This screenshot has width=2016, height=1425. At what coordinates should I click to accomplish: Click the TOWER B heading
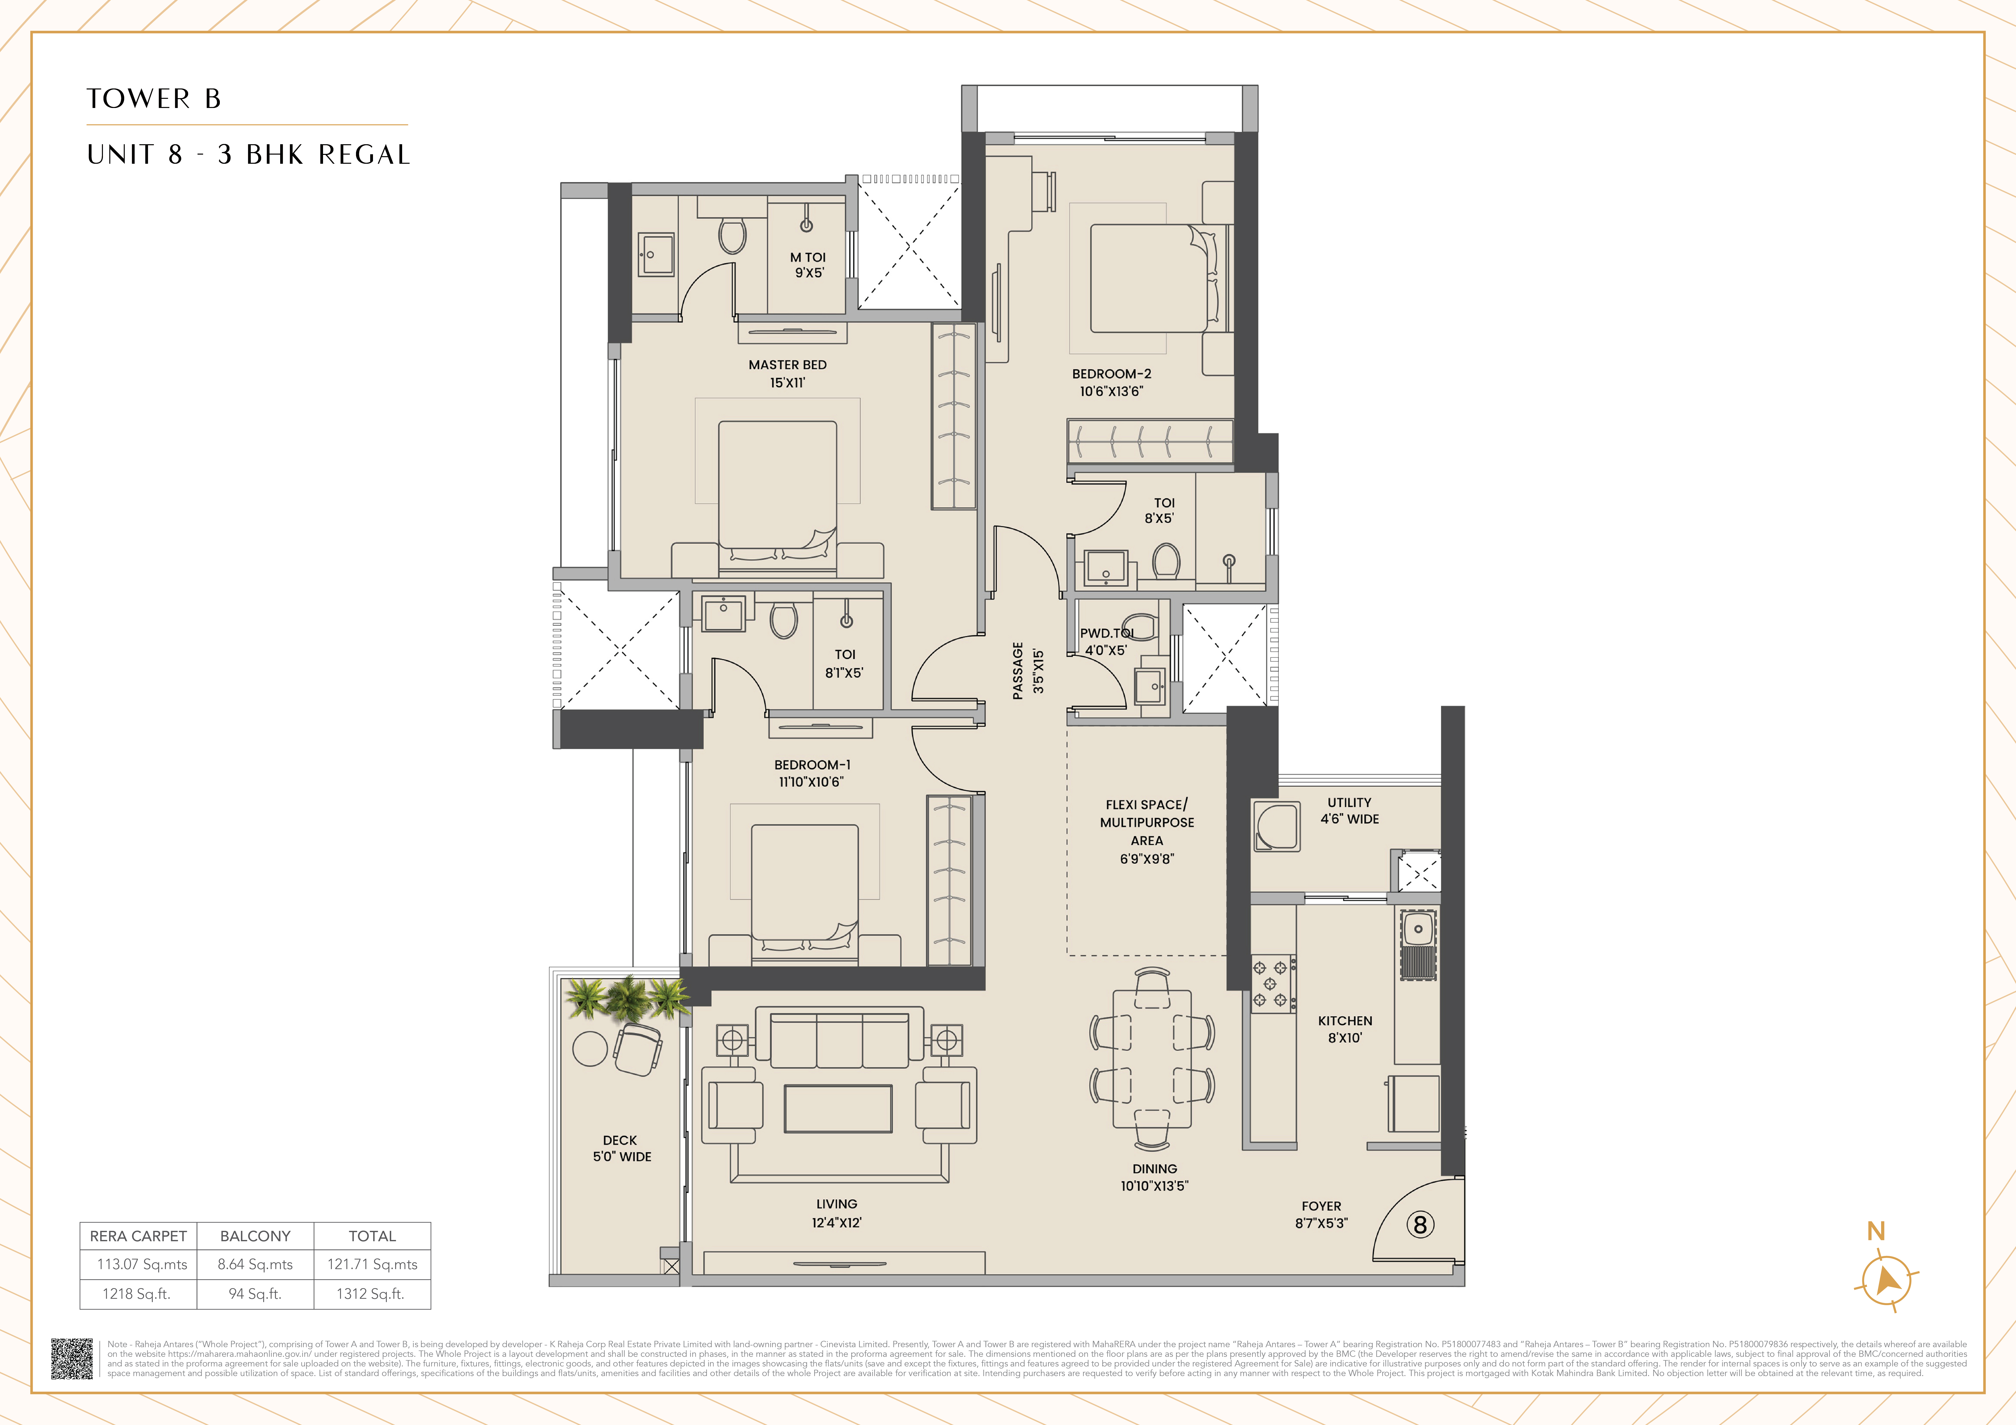(154, 98)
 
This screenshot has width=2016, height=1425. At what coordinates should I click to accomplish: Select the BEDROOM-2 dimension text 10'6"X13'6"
(1112, 392)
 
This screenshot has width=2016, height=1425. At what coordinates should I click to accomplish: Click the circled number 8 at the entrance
(1420, 1225)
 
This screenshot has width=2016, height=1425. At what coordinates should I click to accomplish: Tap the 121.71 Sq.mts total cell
(372, 1264)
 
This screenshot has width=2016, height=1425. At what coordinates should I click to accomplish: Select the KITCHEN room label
(1344, 1021)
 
